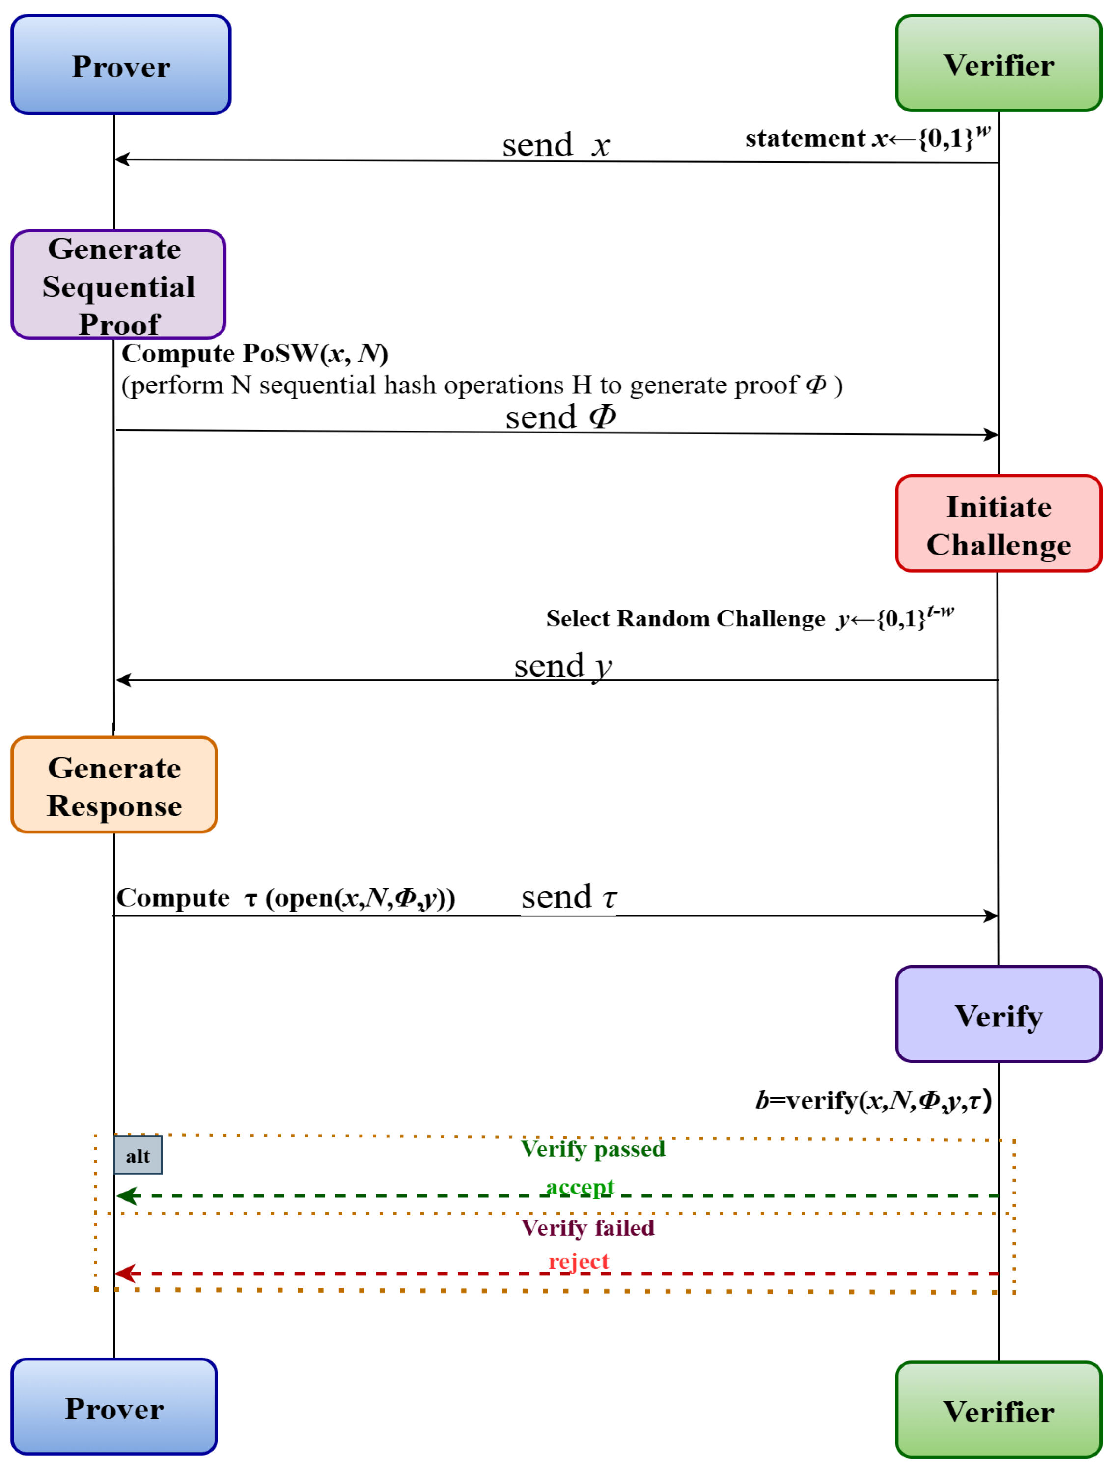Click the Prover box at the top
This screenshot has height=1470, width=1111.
pyautogui.click(x=120, y=64)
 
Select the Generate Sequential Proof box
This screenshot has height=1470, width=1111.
pyautogui.click(x=118, y=284)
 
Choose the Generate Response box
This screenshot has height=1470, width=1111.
pyautogui.click(x=114, y=785)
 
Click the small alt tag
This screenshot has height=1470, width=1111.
pyautogui.click(x=138, y=1156)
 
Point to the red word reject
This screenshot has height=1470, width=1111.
pyautogui.click(x=578, y=1261)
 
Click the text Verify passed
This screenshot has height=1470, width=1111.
pyautogui.click(x=593, y=1149)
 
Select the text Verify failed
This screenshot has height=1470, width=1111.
pyautogui.click(x=587, y=1227)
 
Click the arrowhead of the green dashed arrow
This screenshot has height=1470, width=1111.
pyautogui.click(x=126, y=1196)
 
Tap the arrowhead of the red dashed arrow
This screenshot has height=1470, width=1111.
pyautogui.click(x=125, y=1273)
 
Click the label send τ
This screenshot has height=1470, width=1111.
pyautogui.click(x=569, y=897)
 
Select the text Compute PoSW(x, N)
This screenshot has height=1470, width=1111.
pyautogui.click(x=254, y=354)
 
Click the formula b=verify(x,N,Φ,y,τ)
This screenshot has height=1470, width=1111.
pyautogui.click(x=873, y=1101)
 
